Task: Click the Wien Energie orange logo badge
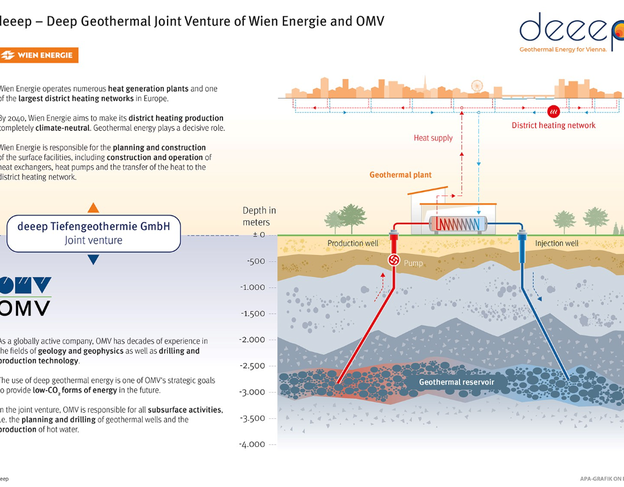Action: pos(40,55)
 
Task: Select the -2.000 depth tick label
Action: pos(253,340)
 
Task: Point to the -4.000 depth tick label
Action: pos(253,444)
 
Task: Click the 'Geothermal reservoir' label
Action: pos(456,382)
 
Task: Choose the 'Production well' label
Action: pos(353,243)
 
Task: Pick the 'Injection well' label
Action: pos(556,243)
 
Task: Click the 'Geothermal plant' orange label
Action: pos(400,175)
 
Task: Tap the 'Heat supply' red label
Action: pos(433,138)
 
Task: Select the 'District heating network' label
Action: pos(553,125)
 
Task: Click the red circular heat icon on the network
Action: pos(554,111)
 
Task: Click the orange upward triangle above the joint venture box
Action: pos(93,207)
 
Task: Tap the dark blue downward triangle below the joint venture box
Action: pos(93,260)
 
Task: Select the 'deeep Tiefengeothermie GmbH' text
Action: pos(94,226)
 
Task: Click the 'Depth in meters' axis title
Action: pos(259,216)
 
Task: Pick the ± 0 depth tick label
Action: pos(259,235)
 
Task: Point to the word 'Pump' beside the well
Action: pos(413,264)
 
